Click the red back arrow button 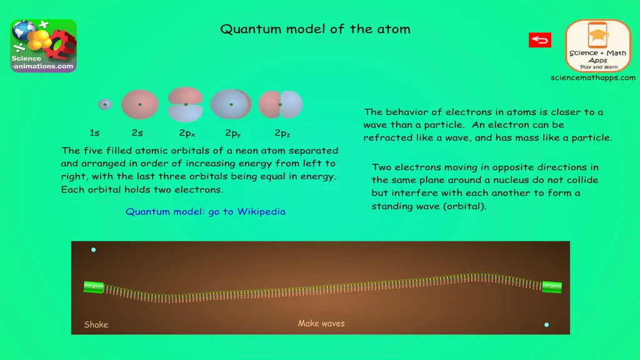tap(539, 40)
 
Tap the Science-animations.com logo tap(44, 46)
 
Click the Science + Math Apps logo tap(598, 46)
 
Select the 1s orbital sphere tap(105, 104)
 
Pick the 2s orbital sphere tap(140, 104)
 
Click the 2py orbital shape tap(231, 104)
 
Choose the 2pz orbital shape tap(281, 104)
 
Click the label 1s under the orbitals tap(95, 133)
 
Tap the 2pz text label tap(282, 133)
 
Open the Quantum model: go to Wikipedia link tap(205, 211)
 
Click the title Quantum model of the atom tap(315, 29)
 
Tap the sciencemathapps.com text tap(593, 77)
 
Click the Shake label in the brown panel tap(96, 324)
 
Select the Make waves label tap(321, 323)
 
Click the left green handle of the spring tap(94, 287)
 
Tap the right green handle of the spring tap(552, 287)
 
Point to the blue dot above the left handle tap(94, 250)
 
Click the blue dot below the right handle tap(546, 325)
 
